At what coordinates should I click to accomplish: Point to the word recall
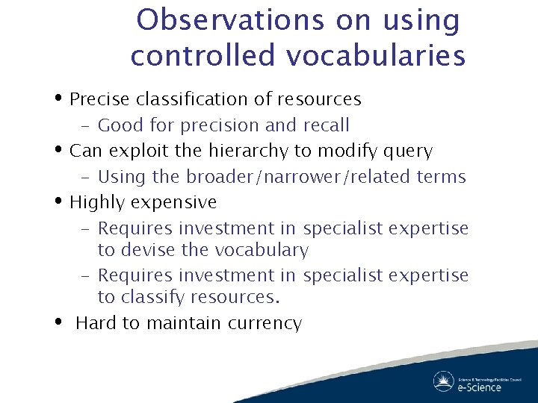[326, 125]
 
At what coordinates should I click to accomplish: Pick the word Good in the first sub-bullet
[121, 125]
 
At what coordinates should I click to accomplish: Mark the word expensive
[182, 202]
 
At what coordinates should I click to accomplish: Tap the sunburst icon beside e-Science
[444, 381]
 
